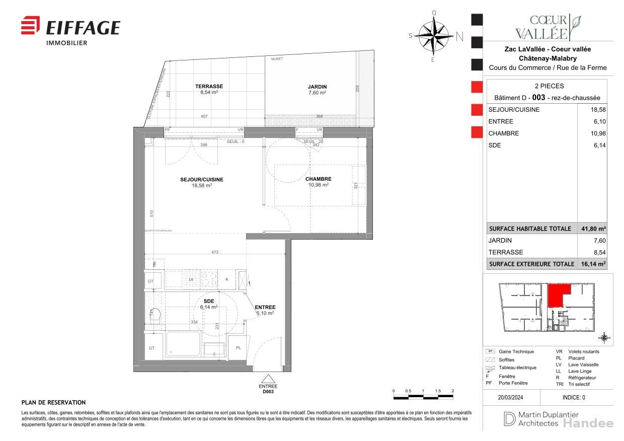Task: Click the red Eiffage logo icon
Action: (30, 25)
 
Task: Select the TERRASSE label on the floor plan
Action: (209, 87)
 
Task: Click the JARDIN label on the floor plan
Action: (317, 87)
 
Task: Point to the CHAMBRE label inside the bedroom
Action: (318, 179)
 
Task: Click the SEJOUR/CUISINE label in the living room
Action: (201, 180)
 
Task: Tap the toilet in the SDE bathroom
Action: (155, 315)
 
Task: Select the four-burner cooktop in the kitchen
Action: (208, 279)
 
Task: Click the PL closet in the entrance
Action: (238, 348)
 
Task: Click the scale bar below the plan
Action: (423, 398)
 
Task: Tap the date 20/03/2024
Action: (511, 397)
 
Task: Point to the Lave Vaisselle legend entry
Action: (583, 364)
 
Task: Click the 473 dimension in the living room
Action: (215, 252)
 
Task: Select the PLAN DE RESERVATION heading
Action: (53, 403)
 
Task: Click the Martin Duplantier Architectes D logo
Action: (508, 418)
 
